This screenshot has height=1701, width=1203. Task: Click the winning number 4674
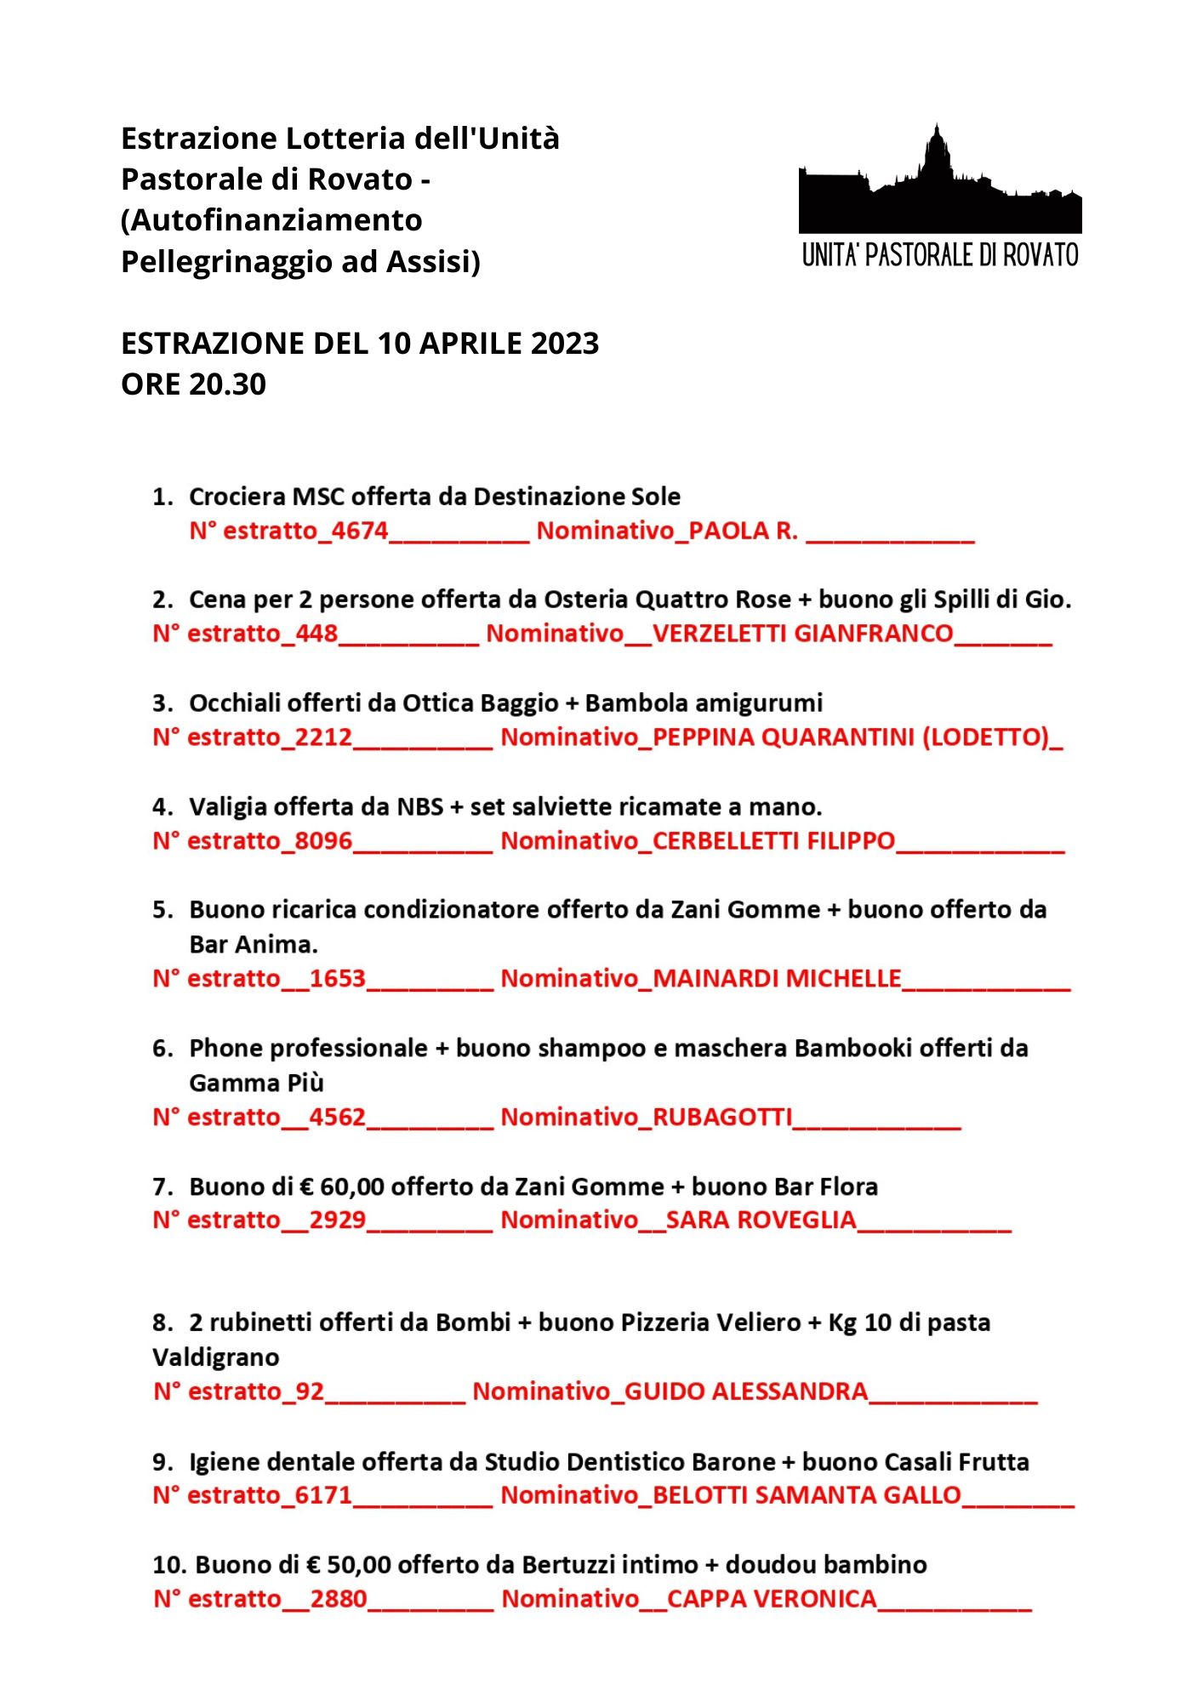(359, 531)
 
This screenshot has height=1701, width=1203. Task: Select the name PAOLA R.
(743, 531)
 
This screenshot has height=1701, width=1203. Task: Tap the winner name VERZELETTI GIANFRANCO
(802, 634)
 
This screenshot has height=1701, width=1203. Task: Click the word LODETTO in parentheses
(986, 737)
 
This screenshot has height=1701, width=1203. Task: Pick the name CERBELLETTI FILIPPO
(773, 841)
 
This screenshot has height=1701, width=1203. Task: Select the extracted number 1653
(337, 979)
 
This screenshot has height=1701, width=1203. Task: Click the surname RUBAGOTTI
(722, 1118)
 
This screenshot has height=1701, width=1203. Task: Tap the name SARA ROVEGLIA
(761, 1220)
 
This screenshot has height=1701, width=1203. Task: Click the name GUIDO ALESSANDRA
(746, 1392)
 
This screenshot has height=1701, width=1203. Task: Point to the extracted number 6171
(323, 1495)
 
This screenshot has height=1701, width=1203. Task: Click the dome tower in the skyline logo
(937, 153)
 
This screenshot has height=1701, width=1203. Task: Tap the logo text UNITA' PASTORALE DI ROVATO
(940, 255)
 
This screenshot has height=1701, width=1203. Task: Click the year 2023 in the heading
(565, 344)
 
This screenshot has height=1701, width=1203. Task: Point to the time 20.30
(228, 384)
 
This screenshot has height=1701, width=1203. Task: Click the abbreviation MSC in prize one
(318, 497)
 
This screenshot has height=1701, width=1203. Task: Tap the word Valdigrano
(216, 1357)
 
